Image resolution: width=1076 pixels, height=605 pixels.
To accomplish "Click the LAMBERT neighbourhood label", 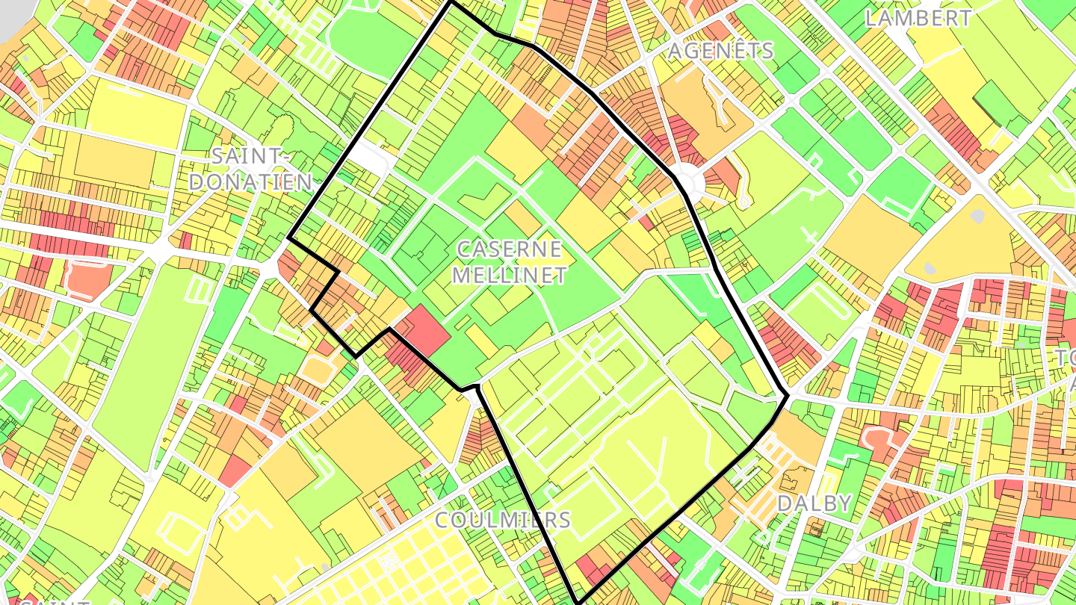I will (x=918, y=18).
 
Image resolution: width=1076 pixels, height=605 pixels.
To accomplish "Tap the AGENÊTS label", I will (x=720, y=51).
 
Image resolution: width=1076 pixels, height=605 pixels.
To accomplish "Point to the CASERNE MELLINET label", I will (x=509, y=261).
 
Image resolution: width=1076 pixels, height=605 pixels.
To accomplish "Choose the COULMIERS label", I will (x=502, y=520).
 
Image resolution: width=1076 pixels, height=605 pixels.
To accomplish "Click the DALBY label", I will (x=814, y=503).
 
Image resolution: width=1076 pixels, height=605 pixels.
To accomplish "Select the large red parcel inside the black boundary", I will (x=422, y=329).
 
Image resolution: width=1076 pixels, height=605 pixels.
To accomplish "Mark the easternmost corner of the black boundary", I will (x=788, y=395).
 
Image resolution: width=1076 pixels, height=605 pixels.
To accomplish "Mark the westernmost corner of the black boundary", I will (x=289, y=239).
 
